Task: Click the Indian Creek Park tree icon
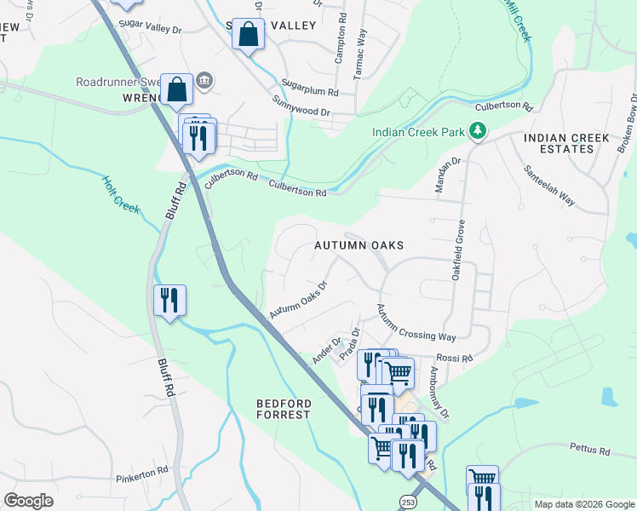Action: pos(479,131)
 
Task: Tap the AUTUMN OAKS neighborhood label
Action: pos(359,245)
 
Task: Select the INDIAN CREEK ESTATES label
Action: pos(566,143)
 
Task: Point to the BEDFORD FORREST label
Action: pos(284,408)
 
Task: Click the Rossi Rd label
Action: pos(454,359)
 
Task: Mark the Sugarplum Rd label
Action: pos(311,88)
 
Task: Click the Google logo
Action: pos(30,501)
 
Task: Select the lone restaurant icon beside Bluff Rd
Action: pos(169,301)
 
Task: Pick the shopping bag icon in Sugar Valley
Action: pos(248,36)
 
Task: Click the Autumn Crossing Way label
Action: pos(416,323)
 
